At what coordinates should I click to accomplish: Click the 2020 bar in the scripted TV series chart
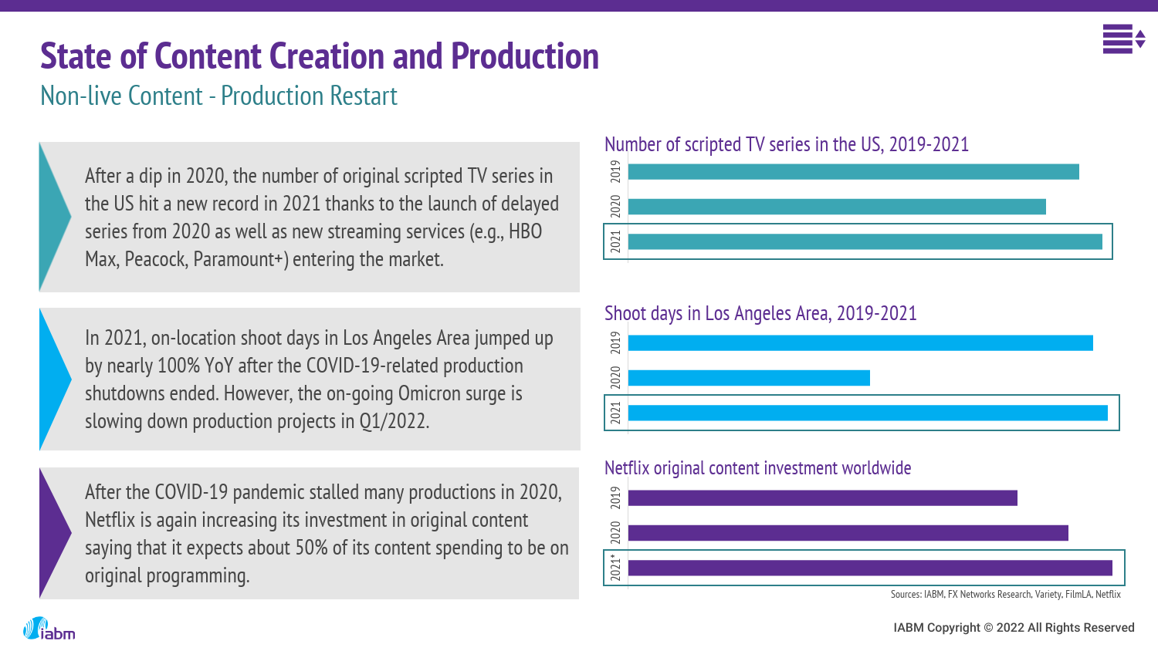[x=837, y=207]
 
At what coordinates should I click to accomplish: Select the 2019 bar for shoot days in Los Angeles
[x=860, y=343]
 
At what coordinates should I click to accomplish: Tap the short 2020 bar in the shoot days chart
[x=749, y=378]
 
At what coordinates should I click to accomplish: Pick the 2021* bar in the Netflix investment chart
[x=870, y=568]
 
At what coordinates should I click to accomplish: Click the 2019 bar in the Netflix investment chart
[x=822, y=498]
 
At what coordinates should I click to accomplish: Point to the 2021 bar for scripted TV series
[x=865, y=241]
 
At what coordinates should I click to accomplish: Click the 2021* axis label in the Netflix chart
[x=615, y=568]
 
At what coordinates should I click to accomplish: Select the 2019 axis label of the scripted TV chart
[x=615, y=171]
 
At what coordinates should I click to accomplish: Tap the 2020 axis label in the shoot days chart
[x=615, y=378]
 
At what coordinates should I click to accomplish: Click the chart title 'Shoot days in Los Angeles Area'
[x=760, y=314]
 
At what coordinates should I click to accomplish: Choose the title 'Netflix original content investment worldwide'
[x=757, y=468]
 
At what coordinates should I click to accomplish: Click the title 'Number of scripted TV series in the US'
[x=786, y=145]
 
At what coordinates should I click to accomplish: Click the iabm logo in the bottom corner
[x=49, y=629]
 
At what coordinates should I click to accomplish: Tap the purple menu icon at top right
[x=1122, y=39]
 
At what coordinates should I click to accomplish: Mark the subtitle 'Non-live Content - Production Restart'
[x=218, y=96]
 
